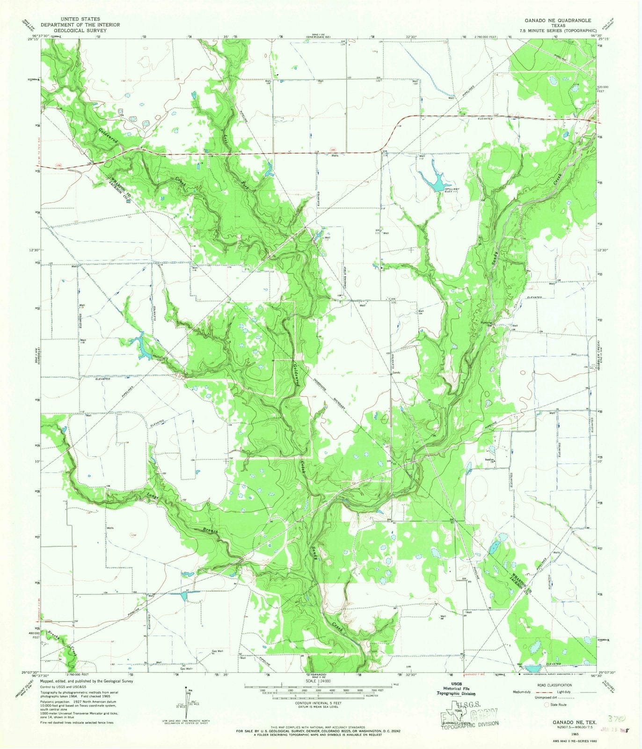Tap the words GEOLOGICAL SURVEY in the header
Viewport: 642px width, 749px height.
pos(80,30)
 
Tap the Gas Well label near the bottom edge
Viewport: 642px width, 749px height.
pos(217,651)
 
